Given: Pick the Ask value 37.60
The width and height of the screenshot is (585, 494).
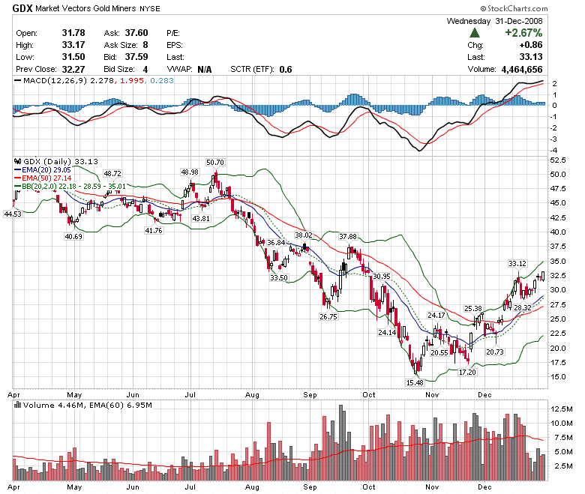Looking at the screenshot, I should (135, 33).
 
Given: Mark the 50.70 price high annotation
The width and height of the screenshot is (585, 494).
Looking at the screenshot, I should (214, 162).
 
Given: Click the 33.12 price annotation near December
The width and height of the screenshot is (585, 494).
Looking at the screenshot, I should (517, 263).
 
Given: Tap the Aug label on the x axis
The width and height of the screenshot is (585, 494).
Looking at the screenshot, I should (252, 393).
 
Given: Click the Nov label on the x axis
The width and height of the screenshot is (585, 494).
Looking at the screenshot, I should (431, 393).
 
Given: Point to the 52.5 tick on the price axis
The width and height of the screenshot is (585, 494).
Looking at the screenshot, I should (558, 160).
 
